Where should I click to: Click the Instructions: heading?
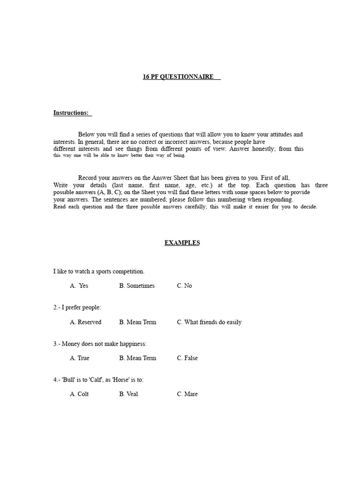click(x=71, y=113)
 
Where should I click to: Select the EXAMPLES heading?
click(x=182, y=243)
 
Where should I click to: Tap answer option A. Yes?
click(x=79, y=286)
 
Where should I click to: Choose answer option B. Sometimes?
click(x=136, y=286)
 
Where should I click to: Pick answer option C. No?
click(x=184, y=286)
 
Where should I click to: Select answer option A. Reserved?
click(x=85, y=322)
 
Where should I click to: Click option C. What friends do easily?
click(x=209, y=322)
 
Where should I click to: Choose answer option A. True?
click(x=79, y=358)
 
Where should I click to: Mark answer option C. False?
click(x=187, y=358)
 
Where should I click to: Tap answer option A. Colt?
click(x=79, y=394)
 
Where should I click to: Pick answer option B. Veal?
click(x=128, y=394)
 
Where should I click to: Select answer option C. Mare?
click(x=187, y=394)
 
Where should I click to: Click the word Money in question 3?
click(x=70, y=344)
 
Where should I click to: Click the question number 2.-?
click(x=56, y=308)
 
